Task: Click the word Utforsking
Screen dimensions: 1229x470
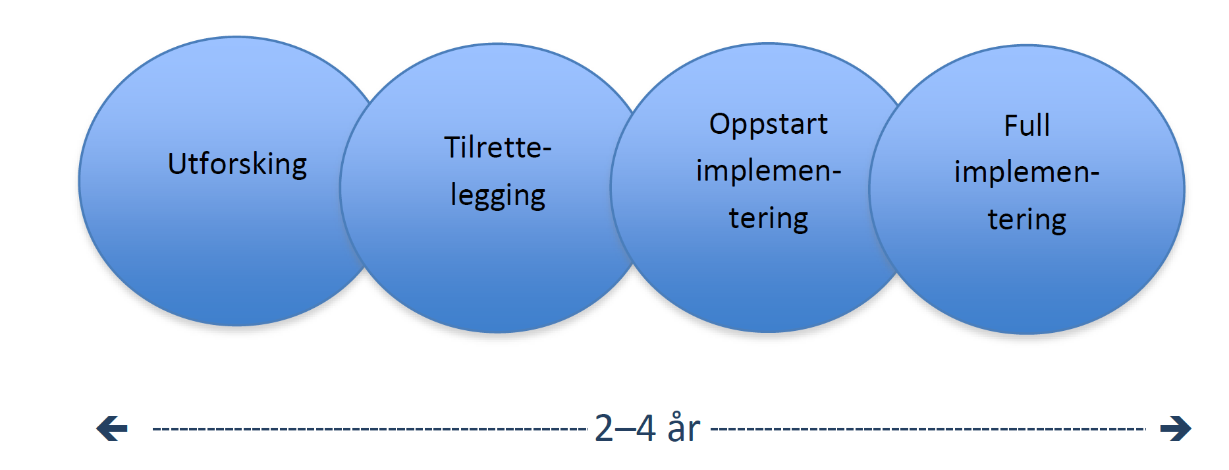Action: tap(237, 164)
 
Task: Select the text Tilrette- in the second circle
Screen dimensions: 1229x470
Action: tap(497, 147)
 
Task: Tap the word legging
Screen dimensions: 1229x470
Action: tap(498, 196)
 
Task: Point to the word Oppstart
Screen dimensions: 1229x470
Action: tap(768, 125)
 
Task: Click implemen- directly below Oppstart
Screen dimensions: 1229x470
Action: tap(769, 171)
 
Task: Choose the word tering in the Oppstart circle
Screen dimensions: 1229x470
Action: tap(769, 218)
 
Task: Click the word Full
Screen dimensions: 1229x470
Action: tap(1027, 125)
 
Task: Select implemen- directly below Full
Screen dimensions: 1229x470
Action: tap(1027, 172)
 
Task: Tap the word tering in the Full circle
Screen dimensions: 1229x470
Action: tap(1027, 220)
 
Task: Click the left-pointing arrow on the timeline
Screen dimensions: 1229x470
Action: tap(112, 428)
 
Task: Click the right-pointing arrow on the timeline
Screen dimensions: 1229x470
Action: tap(1176, 428)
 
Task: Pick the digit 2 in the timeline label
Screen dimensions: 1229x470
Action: tap(604, 428)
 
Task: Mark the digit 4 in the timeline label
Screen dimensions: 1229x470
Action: tap(646, 428)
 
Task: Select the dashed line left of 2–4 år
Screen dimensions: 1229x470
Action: tap(370, 429)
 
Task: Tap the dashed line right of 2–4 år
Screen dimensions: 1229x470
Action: tap(929, 429)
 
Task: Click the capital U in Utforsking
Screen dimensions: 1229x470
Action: tap(178, 163)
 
